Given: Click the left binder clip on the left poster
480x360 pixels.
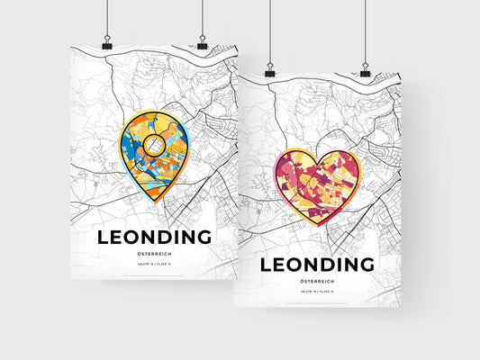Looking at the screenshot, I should point(106,44).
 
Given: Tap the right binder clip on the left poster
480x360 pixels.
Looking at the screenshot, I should point(202,44).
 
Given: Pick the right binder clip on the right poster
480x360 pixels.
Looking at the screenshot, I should point(365,69).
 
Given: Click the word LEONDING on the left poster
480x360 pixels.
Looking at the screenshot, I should point(151,238).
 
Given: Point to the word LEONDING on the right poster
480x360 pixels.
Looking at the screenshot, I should point(316,265).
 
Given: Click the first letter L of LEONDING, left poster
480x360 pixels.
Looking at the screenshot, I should point(98,238).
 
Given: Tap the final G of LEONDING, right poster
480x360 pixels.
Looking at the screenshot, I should point(366,265).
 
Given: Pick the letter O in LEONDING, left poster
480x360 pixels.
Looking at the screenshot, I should point(131,238).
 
